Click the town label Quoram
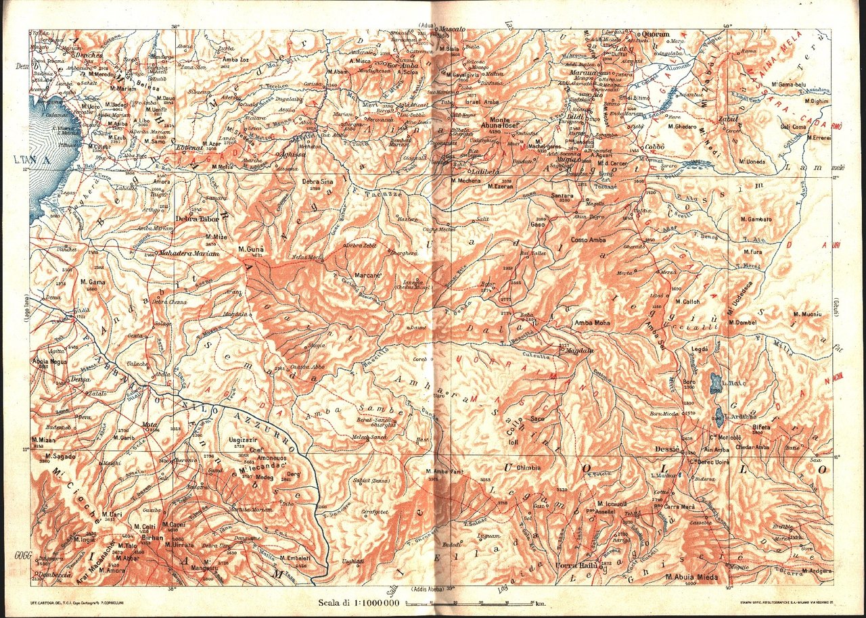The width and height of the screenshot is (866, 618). [655, 34]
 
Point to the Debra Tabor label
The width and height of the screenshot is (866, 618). [196, 218]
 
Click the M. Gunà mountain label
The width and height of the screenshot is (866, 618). [250, 249]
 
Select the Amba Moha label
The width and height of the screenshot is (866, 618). [592, 323]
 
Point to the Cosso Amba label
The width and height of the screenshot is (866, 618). [588, 240]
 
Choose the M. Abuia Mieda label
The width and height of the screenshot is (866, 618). [689, 577]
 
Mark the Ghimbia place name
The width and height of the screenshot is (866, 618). [528, 468]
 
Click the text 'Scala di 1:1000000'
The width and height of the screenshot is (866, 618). [359, 603]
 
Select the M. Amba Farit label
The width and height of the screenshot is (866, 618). [443, 471]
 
